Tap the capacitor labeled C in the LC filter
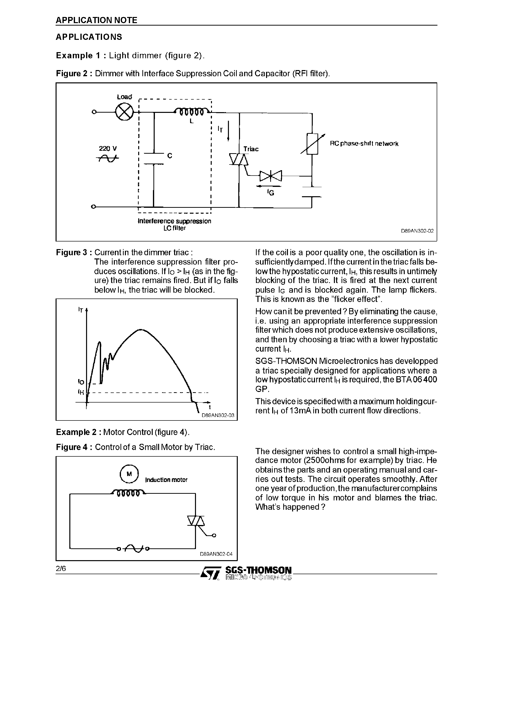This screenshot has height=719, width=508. (154, 158)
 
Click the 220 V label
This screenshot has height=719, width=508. (108, 148)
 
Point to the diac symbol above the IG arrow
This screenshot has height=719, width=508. (271, 176)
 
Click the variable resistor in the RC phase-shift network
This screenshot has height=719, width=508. (312, 144)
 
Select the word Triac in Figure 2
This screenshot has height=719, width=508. (251, 149)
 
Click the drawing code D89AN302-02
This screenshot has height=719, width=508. (417, 231)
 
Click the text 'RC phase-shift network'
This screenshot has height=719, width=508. (364, 144)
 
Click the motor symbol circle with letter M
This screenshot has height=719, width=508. (129, 474)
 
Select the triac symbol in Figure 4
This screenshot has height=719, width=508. (196, 521)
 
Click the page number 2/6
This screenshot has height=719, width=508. (61, 568)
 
